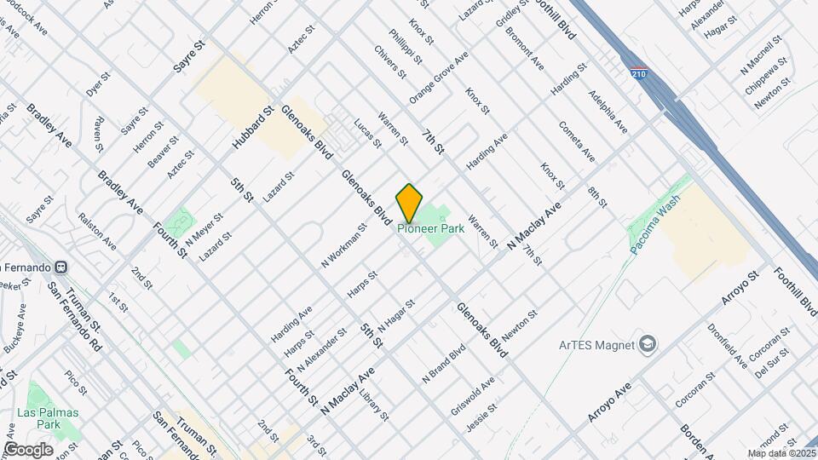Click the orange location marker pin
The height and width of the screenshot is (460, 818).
410,203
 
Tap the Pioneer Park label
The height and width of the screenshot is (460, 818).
431,228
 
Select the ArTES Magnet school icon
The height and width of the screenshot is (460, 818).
649,344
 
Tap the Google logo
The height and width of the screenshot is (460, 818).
27,450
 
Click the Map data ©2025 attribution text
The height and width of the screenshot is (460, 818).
780,453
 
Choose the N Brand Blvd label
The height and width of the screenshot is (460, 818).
444,362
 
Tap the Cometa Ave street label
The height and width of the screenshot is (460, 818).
576,141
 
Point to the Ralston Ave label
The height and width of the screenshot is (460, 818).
98,230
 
